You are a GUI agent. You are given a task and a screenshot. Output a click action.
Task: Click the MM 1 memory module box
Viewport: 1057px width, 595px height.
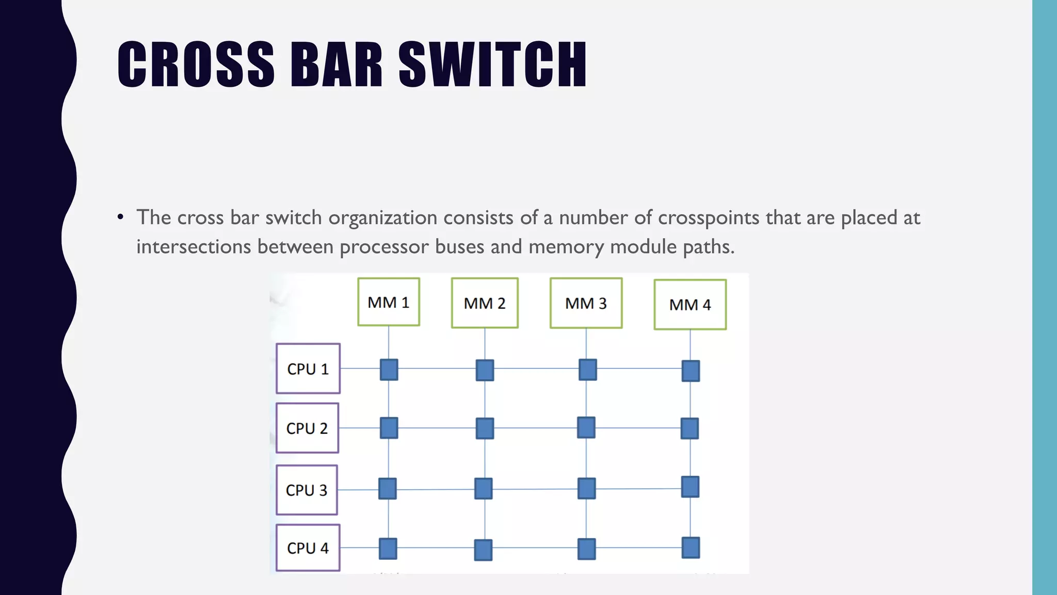point(389,302)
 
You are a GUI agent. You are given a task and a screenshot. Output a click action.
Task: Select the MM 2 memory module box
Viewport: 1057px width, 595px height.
point(485,303)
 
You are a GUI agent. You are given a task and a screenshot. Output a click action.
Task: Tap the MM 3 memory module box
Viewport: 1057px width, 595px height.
point(586,303)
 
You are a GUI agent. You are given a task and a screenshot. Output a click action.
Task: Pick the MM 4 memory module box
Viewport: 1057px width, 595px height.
point(690,305)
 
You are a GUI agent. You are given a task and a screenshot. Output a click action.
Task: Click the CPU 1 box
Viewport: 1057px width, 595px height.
point(308,369)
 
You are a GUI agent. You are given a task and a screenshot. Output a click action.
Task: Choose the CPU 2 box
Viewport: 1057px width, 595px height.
point(307,428)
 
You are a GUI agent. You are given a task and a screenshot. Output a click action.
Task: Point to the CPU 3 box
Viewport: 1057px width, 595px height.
point(307,490)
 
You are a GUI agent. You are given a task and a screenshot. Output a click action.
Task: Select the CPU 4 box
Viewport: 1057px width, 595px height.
point(308,548)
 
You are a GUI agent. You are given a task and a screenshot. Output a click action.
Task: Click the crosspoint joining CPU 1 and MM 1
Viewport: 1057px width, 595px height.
point(389,370)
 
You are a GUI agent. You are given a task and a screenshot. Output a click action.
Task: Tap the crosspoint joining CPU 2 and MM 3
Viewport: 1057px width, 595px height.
point(586,428)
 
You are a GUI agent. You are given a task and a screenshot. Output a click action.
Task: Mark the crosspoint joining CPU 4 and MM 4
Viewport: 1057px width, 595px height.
point(691,547)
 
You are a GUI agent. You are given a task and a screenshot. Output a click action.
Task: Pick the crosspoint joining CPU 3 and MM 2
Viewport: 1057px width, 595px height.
point(483,489)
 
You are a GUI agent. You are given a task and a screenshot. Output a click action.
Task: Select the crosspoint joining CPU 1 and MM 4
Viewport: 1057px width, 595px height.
point(691,371)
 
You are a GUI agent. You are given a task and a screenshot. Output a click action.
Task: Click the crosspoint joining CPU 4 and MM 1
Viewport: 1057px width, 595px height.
point(388,549)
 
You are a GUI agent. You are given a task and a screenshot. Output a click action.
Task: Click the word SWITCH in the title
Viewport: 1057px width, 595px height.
point(492,65)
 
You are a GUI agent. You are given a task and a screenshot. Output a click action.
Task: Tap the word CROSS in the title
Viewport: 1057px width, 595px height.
point(196,65)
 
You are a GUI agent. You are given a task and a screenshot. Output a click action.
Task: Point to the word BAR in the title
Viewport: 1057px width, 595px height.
point(337,65)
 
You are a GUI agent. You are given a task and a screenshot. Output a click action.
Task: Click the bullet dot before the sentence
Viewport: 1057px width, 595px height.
point(120,217)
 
